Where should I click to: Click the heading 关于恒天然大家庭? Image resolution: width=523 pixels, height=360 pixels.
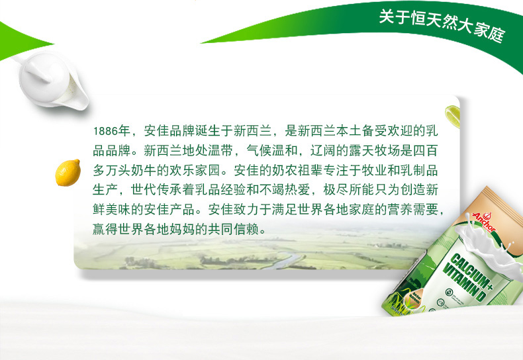[x=442, y=26]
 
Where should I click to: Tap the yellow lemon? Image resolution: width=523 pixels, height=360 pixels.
[x=68, y=173]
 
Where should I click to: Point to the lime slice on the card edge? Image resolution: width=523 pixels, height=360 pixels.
[x=453, y=116]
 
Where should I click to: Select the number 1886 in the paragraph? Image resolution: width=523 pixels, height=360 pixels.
[x=105, y=131]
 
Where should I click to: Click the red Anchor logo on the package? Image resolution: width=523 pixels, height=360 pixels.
[x=485, y=221]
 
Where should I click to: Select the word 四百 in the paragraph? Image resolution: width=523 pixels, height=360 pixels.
[x=425, y=151]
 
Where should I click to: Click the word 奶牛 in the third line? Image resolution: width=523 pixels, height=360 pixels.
[x=144, y=170]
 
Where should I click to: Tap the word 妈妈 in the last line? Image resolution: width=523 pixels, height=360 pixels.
[x=182, y=230]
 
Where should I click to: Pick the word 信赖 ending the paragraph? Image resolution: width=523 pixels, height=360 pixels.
[x=246, y=230]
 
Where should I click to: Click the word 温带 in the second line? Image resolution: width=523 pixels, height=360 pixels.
[x=220, y=151]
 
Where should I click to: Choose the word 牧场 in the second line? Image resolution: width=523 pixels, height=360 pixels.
[x=387, y=151]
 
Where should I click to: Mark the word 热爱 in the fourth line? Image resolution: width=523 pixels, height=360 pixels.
[x=297, y=190]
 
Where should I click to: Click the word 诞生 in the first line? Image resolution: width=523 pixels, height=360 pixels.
[x=208, y=131]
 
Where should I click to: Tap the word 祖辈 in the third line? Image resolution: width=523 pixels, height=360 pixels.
[x=310, y=170]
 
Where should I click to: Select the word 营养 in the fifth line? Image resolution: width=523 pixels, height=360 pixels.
[x=400, y=210]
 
